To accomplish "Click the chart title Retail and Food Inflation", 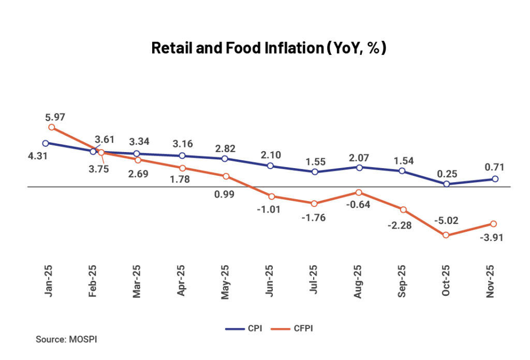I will coord(269,48).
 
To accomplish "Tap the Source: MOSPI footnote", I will coord(66,340).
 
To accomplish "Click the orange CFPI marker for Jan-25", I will coord(51,127).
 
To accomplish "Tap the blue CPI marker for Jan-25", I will coord(46,143).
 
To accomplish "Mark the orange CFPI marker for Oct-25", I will coord(446,235).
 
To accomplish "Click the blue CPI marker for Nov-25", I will coord(495,179).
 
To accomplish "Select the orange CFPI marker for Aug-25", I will coord(358,192).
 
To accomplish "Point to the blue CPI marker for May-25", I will coord(224,159).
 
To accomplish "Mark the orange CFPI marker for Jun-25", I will coord(271,196).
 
